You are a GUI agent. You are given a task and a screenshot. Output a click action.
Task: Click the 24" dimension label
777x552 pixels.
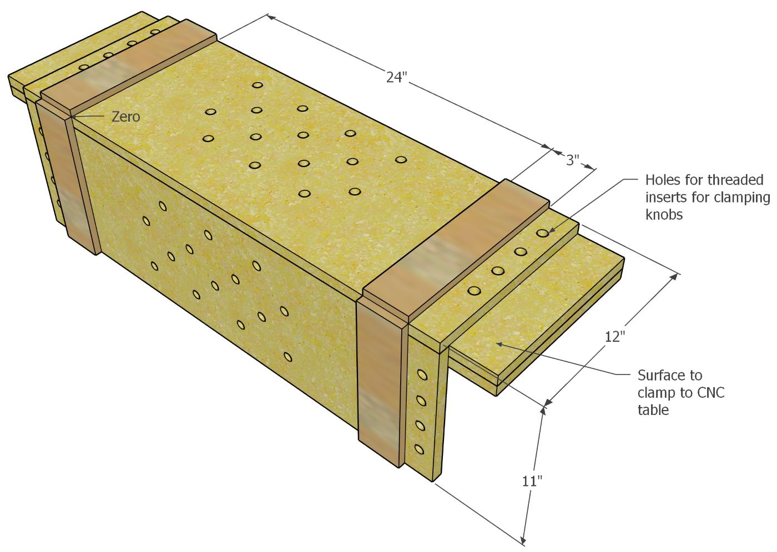[397, 77]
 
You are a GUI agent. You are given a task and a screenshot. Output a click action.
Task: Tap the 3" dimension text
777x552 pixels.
[573, 160]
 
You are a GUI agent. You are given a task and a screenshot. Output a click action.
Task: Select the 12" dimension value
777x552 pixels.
[615, 336]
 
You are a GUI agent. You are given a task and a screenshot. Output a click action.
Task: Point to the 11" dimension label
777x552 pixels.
[531, 480]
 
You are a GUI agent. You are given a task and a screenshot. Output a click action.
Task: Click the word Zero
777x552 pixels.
[126, 117]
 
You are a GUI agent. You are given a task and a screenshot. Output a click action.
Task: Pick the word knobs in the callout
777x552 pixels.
[664, 214]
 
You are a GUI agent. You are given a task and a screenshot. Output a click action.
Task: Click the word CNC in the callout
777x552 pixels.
[710, 393]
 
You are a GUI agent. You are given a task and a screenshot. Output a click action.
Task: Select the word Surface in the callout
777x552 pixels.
[661, 375]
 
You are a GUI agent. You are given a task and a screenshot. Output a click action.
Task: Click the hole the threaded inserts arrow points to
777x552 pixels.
[543, 234]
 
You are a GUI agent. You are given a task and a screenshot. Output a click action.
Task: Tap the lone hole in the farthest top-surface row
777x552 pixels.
[256, 85]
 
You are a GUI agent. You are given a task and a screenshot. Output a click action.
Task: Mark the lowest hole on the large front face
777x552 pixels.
[287, 356]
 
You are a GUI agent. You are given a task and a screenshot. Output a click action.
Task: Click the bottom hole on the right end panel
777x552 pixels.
[419, 448]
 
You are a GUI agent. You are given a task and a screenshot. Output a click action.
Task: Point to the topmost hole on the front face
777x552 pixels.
[163, 206]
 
